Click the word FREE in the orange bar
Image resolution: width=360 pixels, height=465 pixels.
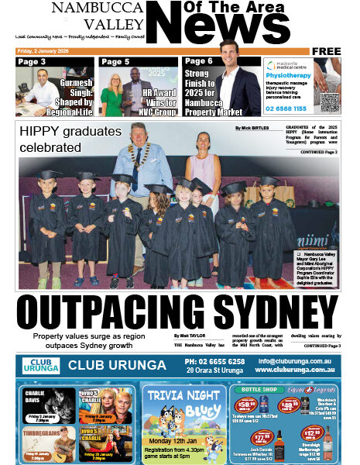coord(327,51)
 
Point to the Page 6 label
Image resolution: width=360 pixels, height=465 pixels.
coord(198,61)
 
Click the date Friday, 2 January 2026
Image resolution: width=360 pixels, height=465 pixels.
coord(47,51)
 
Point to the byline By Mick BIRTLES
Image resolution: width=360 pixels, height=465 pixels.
coord(256,126)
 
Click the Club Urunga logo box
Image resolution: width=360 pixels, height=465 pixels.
coord(40,366)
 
